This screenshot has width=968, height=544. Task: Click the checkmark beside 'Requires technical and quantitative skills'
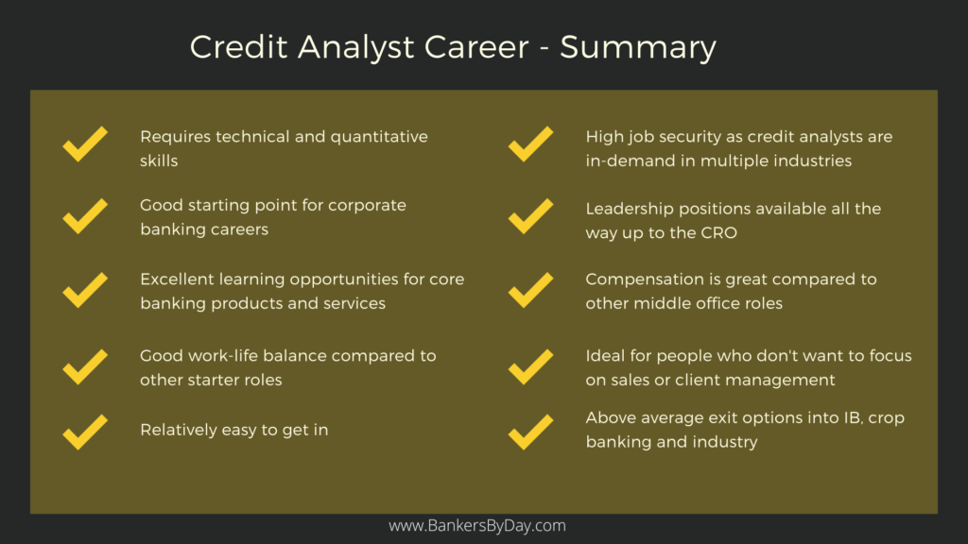tap(85, 146)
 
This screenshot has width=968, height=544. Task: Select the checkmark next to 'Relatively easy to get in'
tap(85, 431)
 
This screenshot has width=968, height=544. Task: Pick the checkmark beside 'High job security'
tap(530, 146)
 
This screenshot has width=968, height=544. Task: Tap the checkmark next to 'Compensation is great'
tap(530, 290)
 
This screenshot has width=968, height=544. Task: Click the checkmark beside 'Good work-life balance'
tap(85, 366)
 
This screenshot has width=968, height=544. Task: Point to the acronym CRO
tap(717, 232)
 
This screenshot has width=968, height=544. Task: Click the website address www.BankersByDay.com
tap(477, 526)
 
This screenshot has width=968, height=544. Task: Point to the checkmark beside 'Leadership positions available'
tap(530, 217)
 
